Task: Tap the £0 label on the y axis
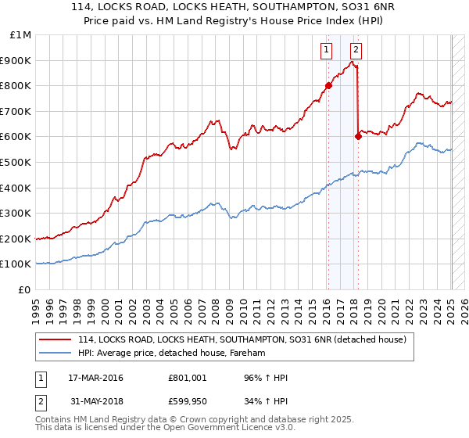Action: tap(25, 289)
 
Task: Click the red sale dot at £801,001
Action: tap(328, 85)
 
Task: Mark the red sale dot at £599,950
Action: tap(358, 136)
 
